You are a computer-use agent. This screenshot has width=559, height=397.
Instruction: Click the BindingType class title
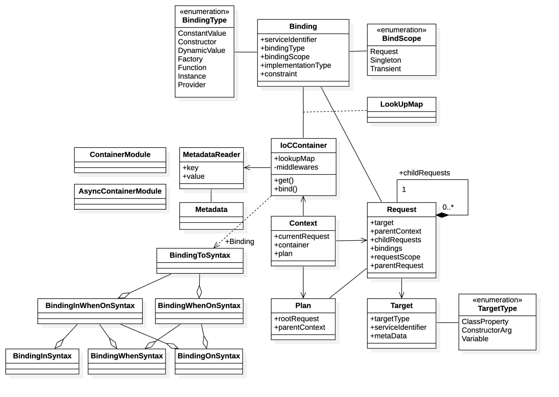[x=204, y=20]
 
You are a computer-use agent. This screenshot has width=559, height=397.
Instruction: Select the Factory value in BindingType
[x=190, y=59]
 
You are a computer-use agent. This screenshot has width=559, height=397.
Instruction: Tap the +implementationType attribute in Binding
[x=296, y=65]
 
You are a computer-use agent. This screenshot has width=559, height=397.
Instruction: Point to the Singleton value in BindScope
[x=385, y=60]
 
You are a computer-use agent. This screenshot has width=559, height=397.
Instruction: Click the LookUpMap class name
[x=401, y=104]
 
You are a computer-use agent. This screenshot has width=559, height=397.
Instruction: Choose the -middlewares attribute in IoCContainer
[x=296, y=167]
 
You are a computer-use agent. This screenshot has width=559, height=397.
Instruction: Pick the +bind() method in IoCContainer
[x=285, y=189]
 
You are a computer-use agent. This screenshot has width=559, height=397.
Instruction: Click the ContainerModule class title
[x=120, y=155]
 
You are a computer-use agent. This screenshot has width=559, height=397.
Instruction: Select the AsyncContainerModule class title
[x=120, y=191]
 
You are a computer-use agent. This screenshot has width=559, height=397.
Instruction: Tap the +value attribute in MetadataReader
[x=193, y=176]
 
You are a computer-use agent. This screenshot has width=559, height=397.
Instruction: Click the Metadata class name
[x=211, y=209]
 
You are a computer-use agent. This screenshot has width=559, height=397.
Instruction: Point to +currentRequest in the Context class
[x=301, y=236]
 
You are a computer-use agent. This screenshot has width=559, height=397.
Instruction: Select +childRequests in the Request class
[x=395, y=240]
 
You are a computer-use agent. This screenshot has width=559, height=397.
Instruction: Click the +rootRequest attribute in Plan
[x=296, y=319]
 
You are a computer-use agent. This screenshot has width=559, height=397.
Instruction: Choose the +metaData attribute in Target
[x=388, y=336]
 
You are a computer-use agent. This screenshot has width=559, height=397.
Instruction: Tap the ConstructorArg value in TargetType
[x=486, y=330]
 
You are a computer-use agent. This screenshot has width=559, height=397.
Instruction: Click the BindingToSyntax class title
[x=200, y=255]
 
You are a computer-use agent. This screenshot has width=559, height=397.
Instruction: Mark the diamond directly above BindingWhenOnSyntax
[x=199, y=291]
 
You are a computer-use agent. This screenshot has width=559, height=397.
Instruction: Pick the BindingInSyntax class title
[x=42, y=356]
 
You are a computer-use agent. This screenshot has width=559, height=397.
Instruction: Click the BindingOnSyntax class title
[x=209, y=356]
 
